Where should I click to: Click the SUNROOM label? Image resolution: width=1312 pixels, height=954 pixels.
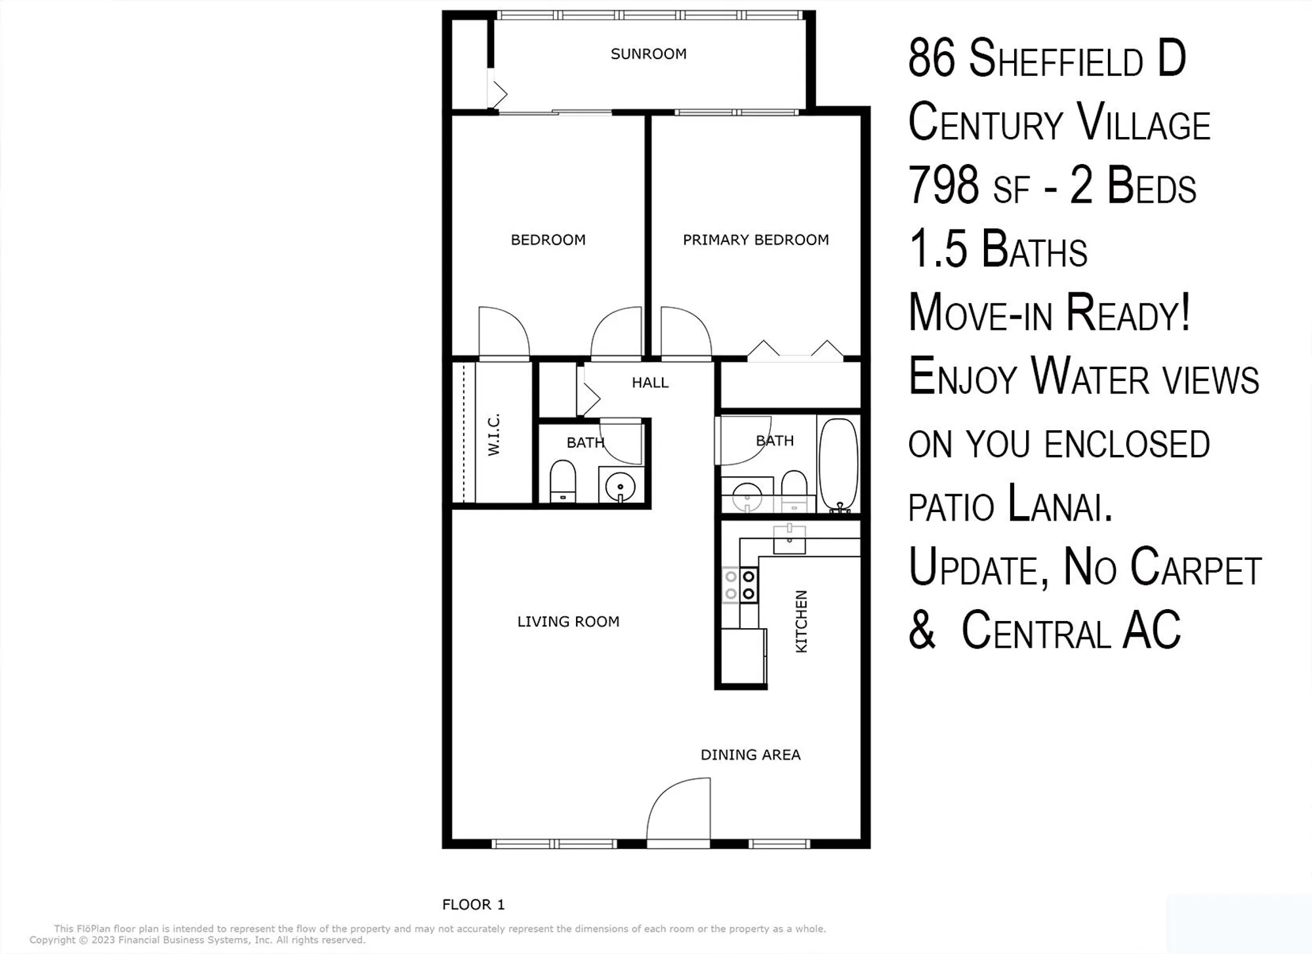(x=648, y=54)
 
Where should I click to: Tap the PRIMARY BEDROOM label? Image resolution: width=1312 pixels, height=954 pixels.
(x=756, y=240)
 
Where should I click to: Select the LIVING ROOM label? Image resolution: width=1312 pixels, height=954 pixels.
(x=568, y=622)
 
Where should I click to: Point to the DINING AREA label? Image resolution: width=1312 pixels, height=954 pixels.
(x=750, y=755)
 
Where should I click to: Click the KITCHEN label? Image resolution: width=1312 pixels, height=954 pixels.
(x=801, y=622)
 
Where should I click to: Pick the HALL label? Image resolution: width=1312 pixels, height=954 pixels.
(x=650, y=383)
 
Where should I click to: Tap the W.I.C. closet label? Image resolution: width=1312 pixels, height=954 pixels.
(x=494, y=434)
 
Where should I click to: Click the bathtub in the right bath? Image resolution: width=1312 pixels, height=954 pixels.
(x=838, y=464)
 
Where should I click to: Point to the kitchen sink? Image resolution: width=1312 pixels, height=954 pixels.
(x=789, y=540)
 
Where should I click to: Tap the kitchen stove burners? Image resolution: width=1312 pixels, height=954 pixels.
(x=740, y=586)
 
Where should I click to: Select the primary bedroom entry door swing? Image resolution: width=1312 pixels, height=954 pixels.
(x=685, y=333)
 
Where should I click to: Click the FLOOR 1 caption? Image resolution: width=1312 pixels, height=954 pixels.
(x=473, y=905)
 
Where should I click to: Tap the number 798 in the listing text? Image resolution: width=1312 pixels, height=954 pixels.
(x=943, y=186)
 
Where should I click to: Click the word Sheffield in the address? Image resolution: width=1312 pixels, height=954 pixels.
(x=1056, y=60)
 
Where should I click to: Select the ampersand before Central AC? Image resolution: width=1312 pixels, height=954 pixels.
(x=922, y=630)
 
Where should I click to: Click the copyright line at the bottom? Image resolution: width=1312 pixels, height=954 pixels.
(x=197, y=940)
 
